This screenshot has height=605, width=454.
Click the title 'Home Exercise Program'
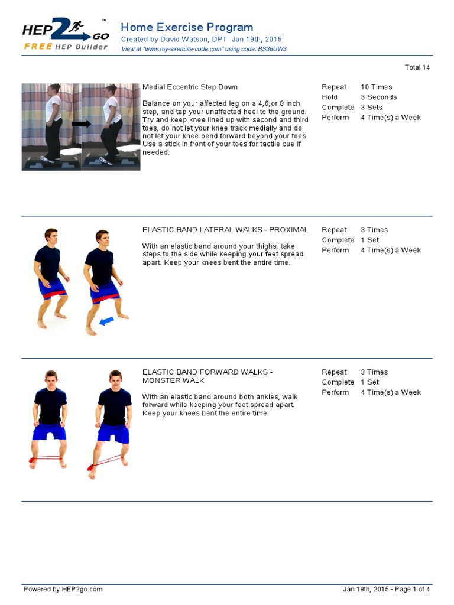pyautogui.click(x=187, y=27)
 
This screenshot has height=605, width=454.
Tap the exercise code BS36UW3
pyautogui.click(x=273, y=49)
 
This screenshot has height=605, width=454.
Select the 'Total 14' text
pyautogui.click(x=417, y=67)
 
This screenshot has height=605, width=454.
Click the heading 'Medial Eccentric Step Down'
pyautogui.click(x=190, y=87)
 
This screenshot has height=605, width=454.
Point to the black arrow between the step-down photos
pyautogui.click(x=81, y=124)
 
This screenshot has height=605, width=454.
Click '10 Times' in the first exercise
pyautogui.click(x=376, y=87)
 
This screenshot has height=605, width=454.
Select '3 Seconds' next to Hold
pyautogui.click(x=378, y=97)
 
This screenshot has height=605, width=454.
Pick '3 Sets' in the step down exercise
pyautogui.click(x=371, y=108)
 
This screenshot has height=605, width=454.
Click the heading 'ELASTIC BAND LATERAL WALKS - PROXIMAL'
pyautogui.click(x=225, y=230)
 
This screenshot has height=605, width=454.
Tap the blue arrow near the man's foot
pyautogui.click(x=107, y=321)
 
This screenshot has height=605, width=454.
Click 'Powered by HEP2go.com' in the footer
pyautogui.click(x=63, y=589)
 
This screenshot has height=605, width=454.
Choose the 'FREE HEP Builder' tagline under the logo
pyautogui.click(x=66, y=47)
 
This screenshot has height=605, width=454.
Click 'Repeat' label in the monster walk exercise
pyautogui.click(x=334, y=372)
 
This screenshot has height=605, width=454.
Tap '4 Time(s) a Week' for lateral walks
pyautogui.click(x=390, y=250)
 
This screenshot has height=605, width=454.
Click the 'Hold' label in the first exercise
pyautogui.click(x=329, y=97)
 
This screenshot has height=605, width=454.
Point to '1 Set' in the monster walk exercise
pyautogui.click(x=369, y=382)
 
